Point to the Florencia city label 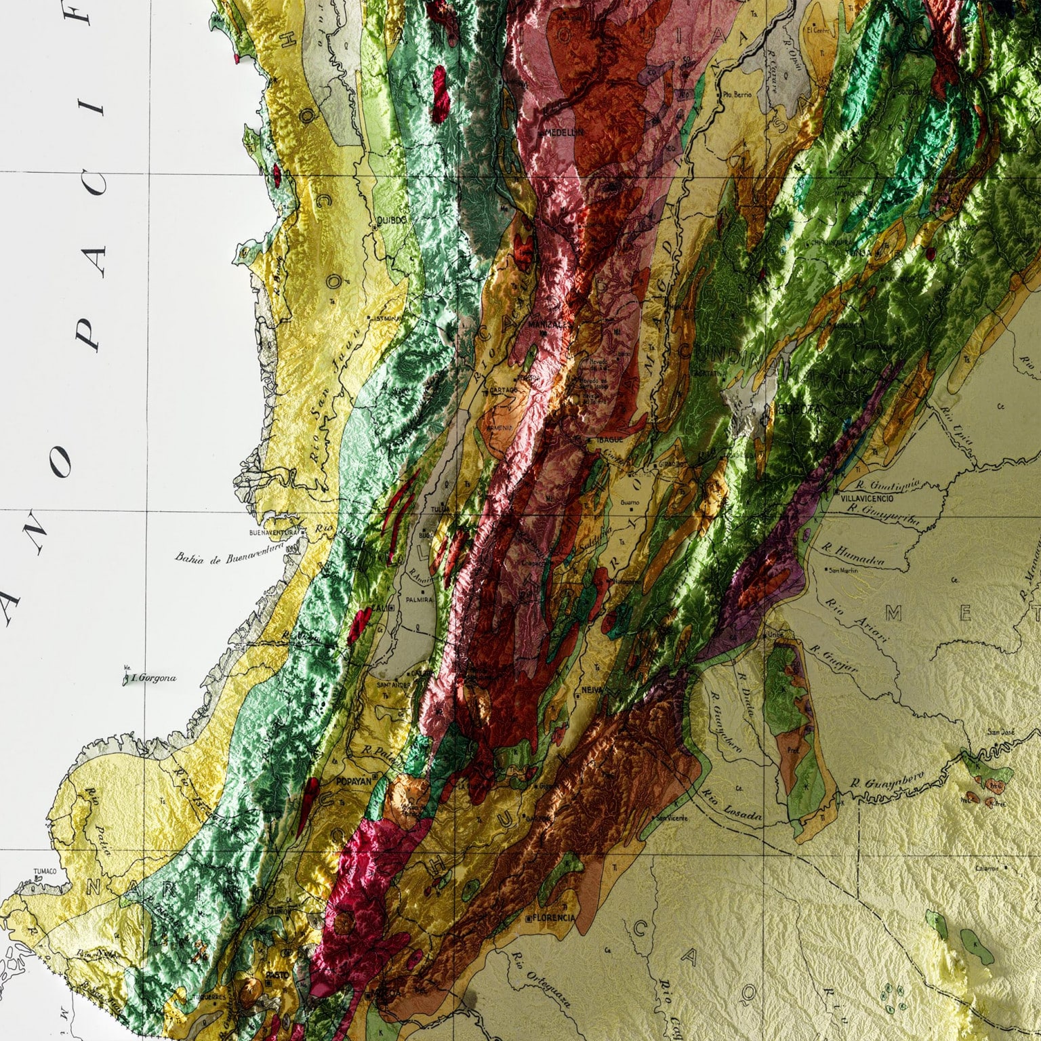click(x=554, y=918)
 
